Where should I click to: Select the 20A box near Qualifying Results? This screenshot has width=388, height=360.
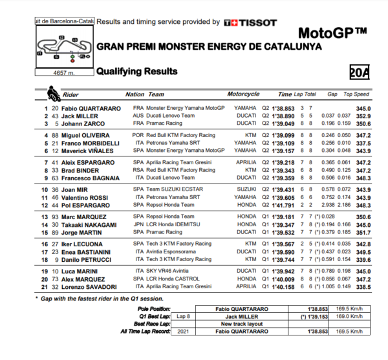click(x=358, y=72)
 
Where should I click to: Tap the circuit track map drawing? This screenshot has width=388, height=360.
click(x=62, y=49)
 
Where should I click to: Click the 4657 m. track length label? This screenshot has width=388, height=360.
click(x=63, y=72)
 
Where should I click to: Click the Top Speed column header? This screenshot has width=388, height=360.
click(x=357, y=94)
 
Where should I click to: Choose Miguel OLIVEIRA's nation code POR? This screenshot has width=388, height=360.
click(x=138, y=135)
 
